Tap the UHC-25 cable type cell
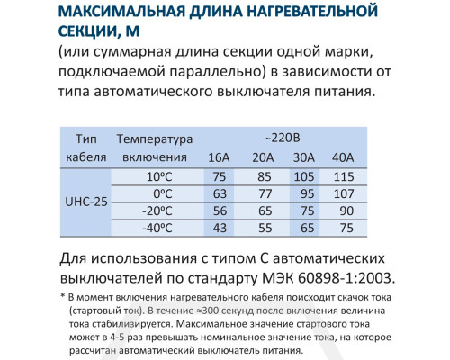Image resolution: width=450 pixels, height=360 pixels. [x=87, y=201]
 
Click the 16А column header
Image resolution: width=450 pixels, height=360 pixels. [x=219, y=157]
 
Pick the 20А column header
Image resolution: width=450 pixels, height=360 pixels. [x=265, y=157]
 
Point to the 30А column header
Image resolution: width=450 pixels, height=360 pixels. [x=306, y=157]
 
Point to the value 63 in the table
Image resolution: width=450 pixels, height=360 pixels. [x=219, y=193]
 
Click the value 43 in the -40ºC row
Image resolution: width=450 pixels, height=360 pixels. [x=219, y=227]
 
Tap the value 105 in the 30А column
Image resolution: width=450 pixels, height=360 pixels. [x=306, y=175]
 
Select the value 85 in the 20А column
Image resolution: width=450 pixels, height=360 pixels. [x=265, y=175]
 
